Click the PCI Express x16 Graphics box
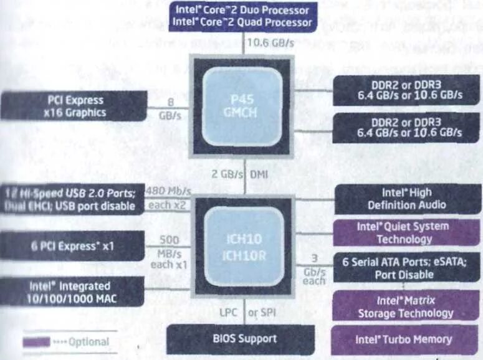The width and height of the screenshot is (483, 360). (74, 106)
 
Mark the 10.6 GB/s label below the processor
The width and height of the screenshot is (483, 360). (271, 43)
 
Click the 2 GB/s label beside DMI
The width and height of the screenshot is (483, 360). (226, 174)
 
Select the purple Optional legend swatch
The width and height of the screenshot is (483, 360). (37, 342)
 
